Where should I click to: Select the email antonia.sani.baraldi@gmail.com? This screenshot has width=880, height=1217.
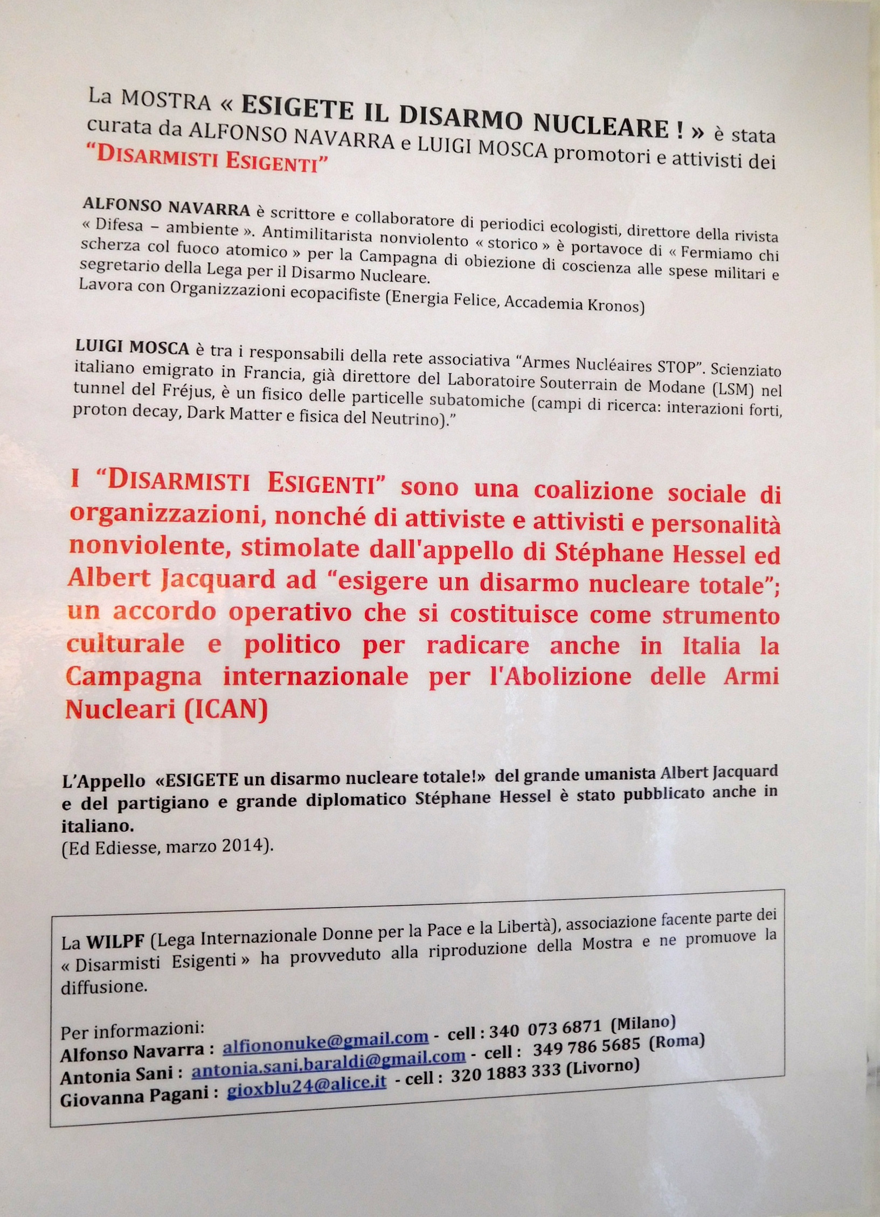[329, 1058]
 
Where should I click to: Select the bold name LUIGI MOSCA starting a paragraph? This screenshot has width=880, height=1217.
[133, 348]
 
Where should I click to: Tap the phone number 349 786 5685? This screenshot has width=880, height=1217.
[586, 1047]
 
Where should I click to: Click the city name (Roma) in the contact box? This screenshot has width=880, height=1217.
[677, 1041]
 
